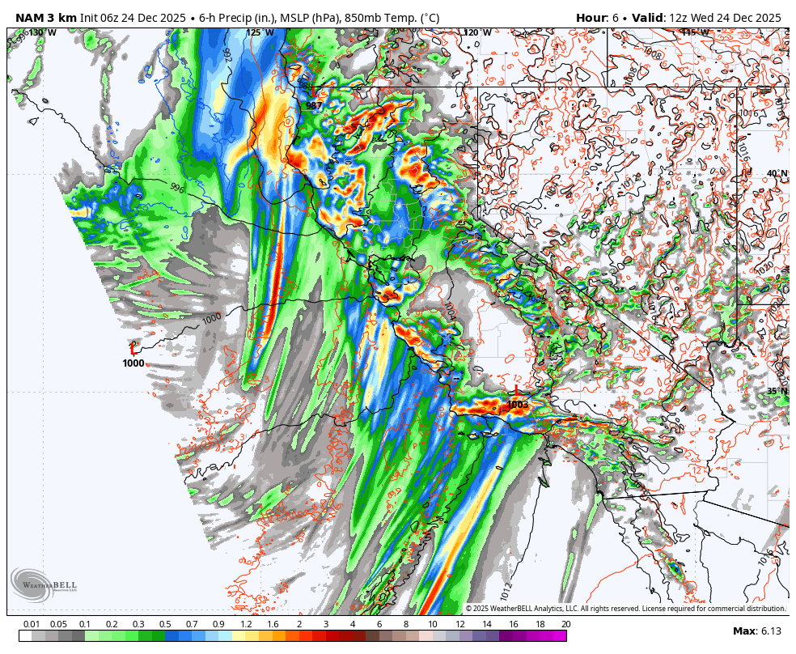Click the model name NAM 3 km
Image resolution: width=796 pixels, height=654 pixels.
pyautogui.click(x=46, y=18)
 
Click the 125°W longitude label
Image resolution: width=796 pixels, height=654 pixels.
pyautogui.click(x=260, y=32)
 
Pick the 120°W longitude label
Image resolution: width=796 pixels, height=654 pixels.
pyautogui.click(x=477, y=32)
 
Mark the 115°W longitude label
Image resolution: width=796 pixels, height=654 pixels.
pyautogui.click(x=695, y=32)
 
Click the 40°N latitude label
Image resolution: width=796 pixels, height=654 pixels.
pyautogui.click(x=777, y=173)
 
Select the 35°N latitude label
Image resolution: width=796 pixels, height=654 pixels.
pyautogui.click(x=777, y=391)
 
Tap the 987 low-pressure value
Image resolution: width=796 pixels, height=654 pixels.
pyautogui.click(x=314, y=106)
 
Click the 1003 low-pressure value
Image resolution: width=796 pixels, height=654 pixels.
pyautogui.click(x=517, y=404)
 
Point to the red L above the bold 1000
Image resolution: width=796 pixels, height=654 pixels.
pyautogui.click(x=133, y=348)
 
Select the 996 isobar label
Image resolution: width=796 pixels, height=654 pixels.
pyautogui.click(x=177, y=187)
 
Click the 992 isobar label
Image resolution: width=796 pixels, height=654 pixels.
pyautogui.click(x=227, y=55)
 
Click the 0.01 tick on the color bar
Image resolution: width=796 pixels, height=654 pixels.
pyautogui.click(x=32, y=624)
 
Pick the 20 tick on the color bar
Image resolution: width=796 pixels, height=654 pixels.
pyautogui.click(x=565, y=624)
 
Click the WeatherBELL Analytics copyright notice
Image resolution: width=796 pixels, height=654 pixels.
pyautogui.click(x=625, y=608)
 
